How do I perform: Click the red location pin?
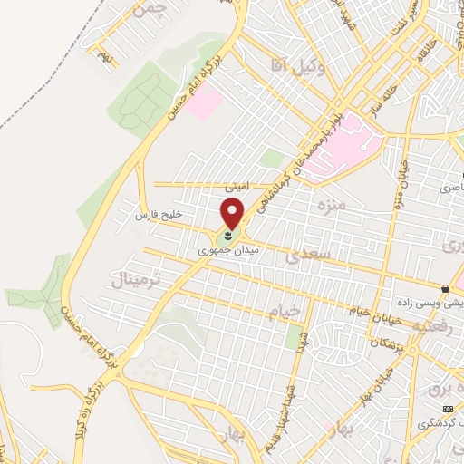pyautogui.click(x=233, y=215)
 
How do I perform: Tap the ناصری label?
pyautogui.click(x=450, y=188)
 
